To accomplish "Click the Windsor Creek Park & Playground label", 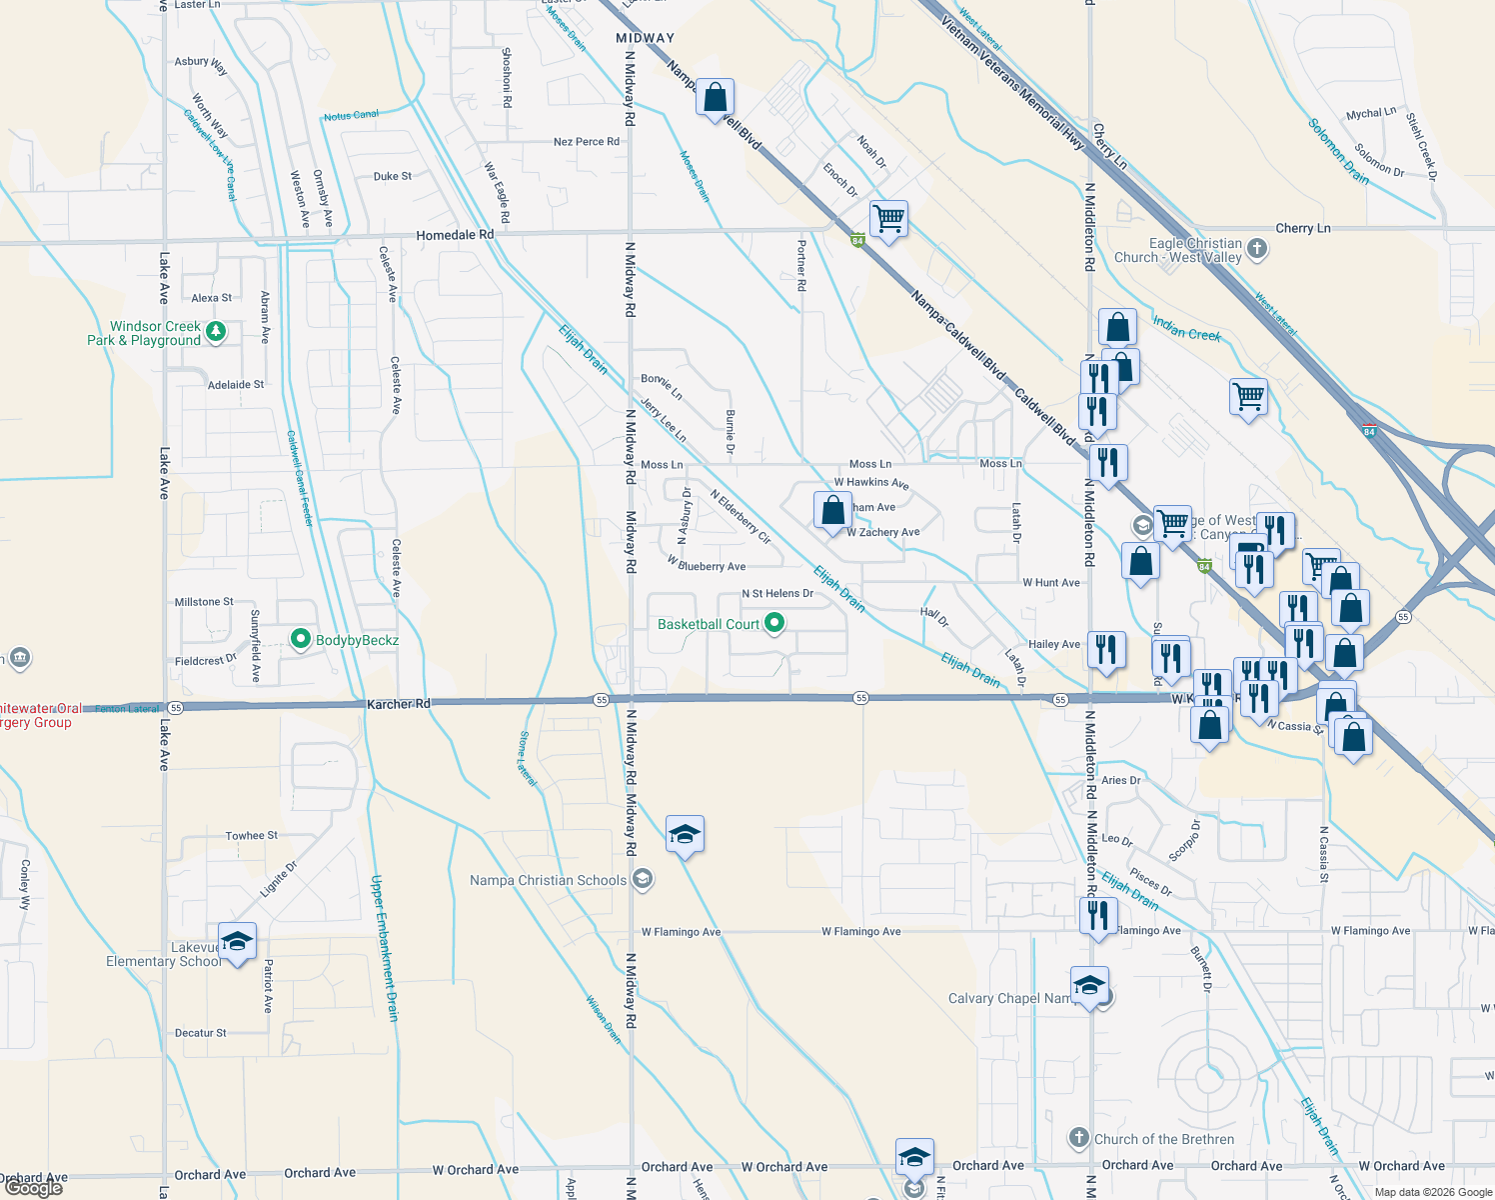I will [x=144, y=334].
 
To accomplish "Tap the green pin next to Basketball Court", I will [x=774, y=623].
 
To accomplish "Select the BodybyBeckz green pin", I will [x=300, y=638].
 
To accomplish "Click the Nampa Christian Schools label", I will [x=549, y=881].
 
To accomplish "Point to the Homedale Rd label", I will [x=455, y=235].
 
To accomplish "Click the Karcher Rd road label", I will [x=398, y=704].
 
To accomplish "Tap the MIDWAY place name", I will [x=645, y=38].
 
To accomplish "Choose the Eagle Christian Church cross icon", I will [x=1257, y=248].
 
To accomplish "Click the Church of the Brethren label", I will [x=1164, y=1139].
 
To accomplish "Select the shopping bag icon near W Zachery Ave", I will [x=832, y=511].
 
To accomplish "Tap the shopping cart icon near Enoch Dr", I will [x=888, y=217].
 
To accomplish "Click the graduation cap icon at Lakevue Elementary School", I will [x=237, y=942].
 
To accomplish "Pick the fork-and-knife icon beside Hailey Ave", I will [x=1105, y=649].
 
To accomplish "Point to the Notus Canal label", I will [x=351, y=116].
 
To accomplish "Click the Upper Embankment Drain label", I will [x=385, y=947].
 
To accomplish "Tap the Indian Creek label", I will [x=1186, y=328].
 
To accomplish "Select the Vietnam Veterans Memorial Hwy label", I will [x=1011, y=81].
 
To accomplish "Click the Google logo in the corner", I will [x=33, y=1188].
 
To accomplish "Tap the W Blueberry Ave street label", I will [x=707, y=565].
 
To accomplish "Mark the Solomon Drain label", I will [x=1338, y=152].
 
